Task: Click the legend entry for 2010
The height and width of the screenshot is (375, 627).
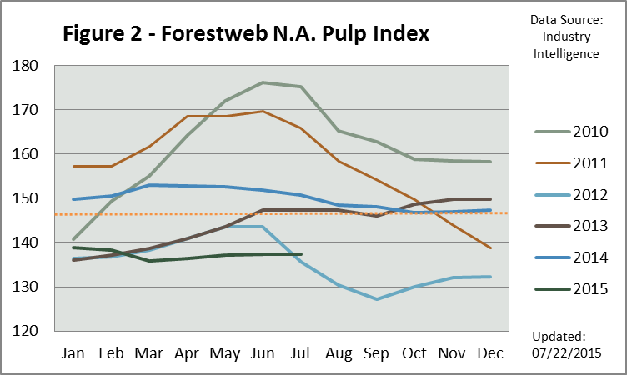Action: tap(575, 131)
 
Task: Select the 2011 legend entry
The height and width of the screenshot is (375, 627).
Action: tap(575, 162)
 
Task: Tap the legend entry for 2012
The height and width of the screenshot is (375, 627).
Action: tap(575, 194)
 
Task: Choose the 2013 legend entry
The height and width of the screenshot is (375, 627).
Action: tap(575, 226)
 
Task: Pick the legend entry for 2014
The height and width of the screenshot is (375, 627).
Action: tap(575, 257)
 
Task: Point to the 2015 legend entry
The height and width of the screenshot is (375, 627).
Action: tap(575, 289)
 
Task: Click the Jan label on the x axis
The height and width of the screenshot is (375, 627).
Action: tap(73, 353)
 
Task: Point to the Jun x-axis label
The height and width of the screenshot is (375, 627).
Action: tap(263, 353)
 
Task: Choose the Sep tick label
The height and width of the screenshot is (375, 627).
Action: tap(376, 353)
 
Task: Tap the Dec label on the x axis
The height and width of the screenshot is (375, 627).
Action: tap(489, 353)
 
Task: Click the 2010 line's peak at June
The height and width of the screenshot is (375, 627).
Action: tap(263, 82)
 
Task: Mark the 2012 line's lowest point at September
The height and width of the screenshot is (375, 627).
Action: tap(376, 299)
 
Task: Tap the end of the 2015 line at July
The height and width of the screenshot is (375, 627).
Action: tap(300, 254)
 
